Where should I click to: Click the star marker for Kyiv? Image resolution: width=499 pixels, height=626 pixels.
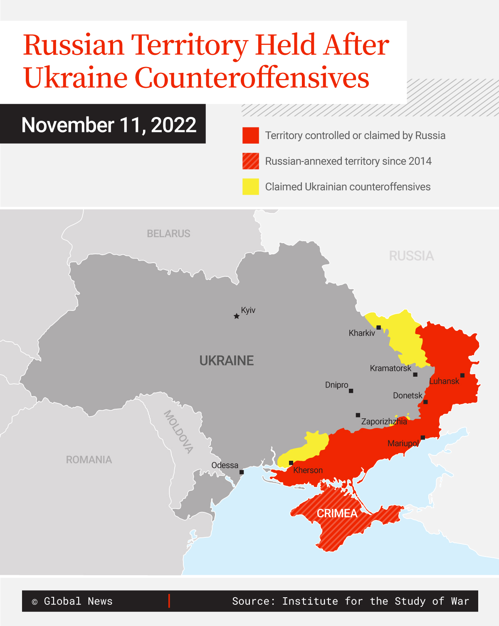237,316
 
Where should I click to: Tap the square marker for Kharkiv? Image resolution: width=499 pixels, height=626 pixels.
378,328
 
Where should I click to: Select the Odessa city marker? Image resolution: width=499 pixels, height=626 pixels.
242,472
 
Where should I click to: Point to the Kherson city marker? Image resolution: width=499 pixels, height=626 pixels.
291,463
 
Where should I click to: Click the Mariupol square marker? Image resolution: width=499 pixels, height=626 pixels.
422,437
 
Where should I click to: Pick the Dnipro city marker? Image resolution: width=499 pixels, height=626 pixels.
351,391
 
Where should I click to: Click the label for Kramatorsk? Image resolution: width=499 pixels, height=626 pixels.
390,368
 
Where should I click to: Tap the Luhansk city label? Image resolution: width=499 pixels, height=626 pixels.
444,381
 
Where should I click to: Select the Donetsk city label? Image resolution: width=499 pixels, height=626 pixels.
408,395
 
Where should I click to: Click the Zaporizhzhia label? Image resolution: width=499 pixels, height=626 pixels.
384,422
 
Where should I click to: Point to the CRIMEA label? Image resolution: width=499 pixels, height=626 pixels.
337,513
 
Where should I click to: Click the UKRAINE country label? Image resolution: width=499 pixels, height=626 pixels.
227,360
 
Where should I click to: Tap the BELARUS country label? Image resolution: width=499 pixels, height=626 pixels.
168,234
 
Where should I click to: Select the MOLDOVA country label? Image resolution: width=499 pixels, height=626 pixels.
178,432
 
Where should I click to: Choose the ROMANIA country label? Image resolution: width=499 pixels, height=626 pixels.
89,460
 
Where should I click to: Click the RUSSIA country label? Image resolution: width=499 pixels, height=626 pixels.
411,256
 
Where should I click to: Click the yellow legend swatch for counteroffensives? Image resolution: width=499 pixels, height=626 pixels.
251,187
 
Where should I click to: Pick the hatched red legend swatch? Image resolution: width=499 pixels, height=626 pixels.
251,161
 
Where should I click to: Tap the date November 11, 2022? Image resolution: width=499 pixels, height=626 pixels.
109,125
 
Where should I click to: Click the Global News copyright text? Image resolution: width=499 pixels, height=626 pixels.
72,601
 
